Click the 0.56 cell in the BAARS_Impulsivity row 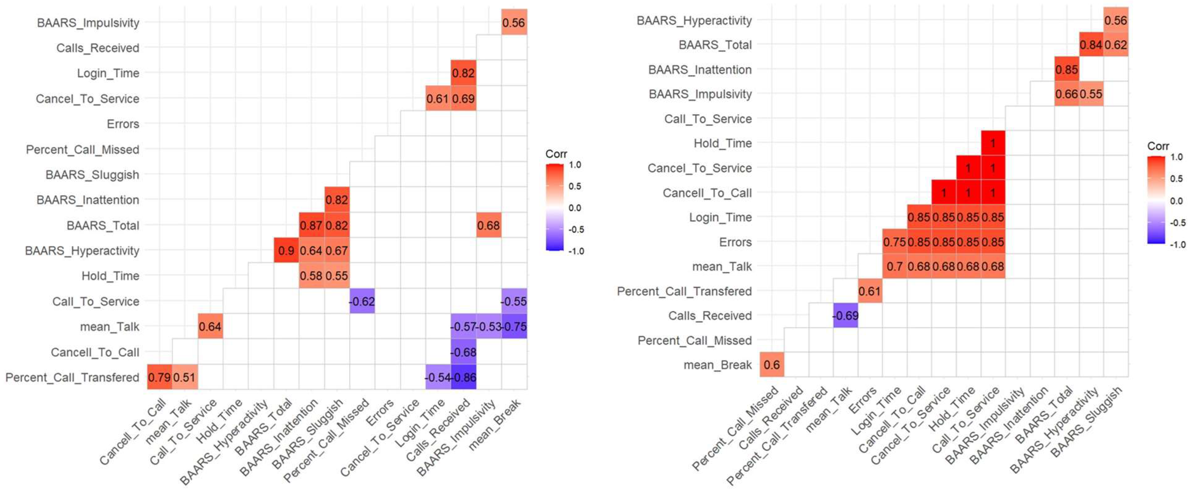pyautogui.click(x=514, y=22)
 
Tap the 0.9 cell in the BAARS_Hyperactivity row pyautogui.click(x=286, y=251)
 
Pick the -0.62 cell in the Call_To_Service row pyautogui.click(x=362, y=301)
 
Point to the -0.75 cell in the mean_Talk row pyautogui.click(x=514, y=326)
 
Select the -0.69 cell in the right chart pyautogui.click(x=845, y=315)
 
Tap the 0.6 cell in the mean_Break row pyautogui.click(x=771, y=364)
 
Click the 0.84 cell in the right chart pyautogui.click(x=1091, y=45)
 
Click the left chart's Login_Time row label pyautogui.click(x=108, y=73)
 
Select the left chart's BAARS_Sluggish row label pyautogui.click(x=92, y=175)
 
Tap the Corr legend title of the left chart pyautogui.click(x=556, y=154)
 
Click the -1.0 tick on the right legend pyautogui.click(x=1178, y=244)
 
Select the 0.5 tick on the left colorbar pyautogui.click(x=575, y=186)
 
